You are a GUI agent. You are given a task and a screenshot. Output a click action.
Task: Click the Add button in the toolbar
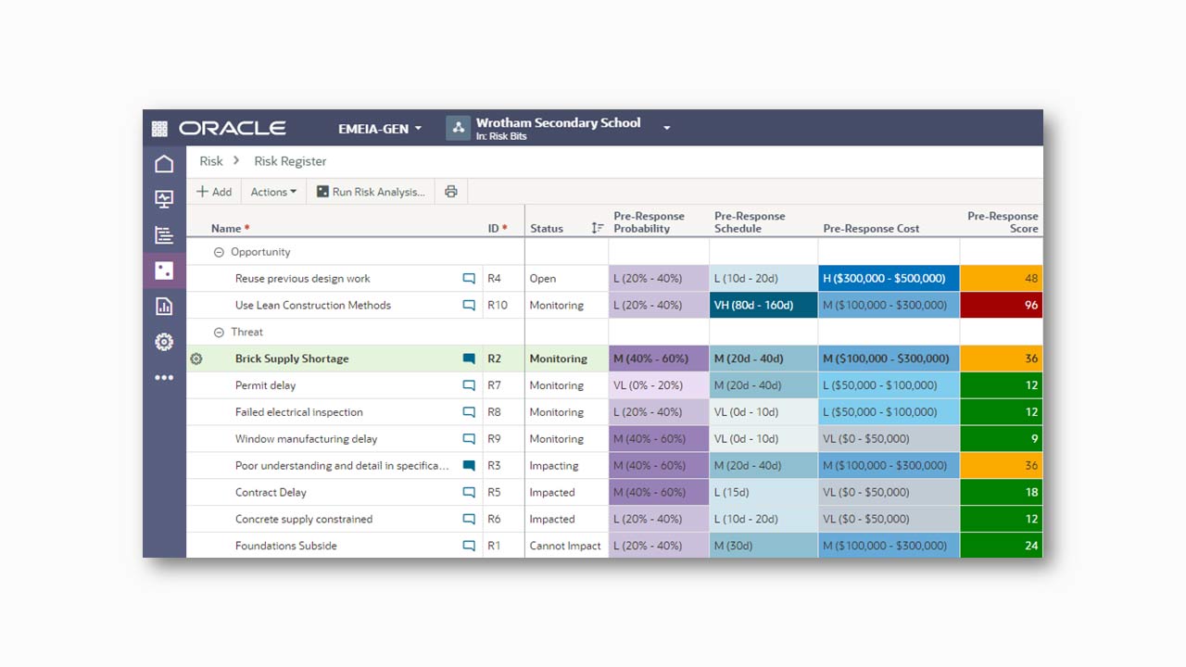pyautogui.click(x=214, y=192)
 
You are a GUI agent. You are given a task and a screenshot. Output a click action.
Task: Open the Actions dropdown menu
pyautogui.click(x=273, y=192)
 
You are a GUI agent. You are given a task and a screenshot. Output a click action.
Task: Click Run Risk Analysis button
pyautogui.click(x=371, y=192)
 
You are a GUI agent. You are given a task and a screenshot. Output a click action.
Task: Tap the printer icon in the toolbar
pyautogui.click(x=451, y=192)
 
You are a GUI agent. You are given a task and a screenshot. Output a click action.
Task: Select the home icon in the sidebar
pyautogui.click(x=164, y=164)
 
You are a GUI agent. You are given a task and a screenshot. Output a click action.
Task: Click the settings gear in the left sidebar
pyautogui.click(x=164, y=342)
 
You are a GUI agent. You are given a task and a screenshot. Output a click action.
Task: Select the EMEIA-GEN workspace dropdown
pyautogui.click(x=380, y=129)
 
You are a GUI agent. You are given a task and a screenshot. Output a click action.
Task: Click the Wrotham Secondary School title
pyautogui.click(x=558, y=123)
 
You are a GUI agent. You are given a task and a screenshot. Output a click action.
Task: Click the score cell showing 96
pyautogui.click(x=1001, y=305)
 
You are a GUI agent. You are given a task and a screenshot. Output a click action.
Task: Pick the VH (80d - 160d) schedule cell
pyautogui.click(x=763, y=305)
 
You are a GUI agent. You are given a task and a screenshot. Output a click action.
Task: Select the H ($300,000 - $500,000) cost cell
pyautogui.click(x=888, y=278)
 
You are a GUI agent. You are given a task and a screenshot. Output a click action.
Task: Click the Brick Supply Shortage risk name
pyautogui.click(x=292, y=359)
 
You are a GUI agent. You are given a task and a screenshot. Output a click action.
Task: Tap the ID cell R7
pyautogui.click(x=495, y=385)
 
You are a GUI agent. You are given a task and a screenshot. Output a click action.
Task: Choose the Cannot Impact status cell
pyautogui.click(x=565, y=546)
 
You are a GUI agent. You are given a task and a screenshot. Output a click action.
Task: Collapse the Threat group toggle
pyautogui.click(x=220, y=332)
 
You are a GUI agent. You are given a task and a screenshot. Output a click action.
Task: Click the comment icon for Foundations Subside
pyautogui.click(x=469, y=546)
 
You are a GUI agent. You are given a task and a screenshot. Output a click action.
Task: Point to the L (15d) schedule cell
pyautogui.click(x=763, y=492)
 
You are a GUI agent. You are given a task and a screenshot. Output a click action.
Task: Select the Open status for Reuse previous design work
pyautogui.click(x=543, y=278)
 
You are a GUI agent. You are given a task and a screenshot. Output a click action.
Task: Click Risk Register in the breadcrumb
pyautogui.click(x=290, y=161)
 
